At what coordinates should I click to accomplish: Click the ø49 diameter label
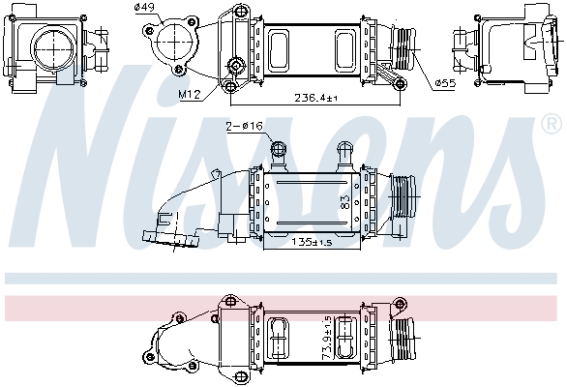[145, 8]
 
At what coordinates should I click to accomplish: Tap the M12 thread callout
[189, 94]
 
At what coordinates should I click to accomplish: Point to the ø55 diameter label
[445, 84]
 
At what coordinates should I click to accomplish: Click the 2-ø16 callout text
[244, 126]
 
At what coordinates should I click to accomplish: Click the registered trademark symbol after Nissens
[551, 152]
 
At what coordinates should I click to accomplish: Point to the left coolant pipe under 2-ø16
[280, 152]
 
